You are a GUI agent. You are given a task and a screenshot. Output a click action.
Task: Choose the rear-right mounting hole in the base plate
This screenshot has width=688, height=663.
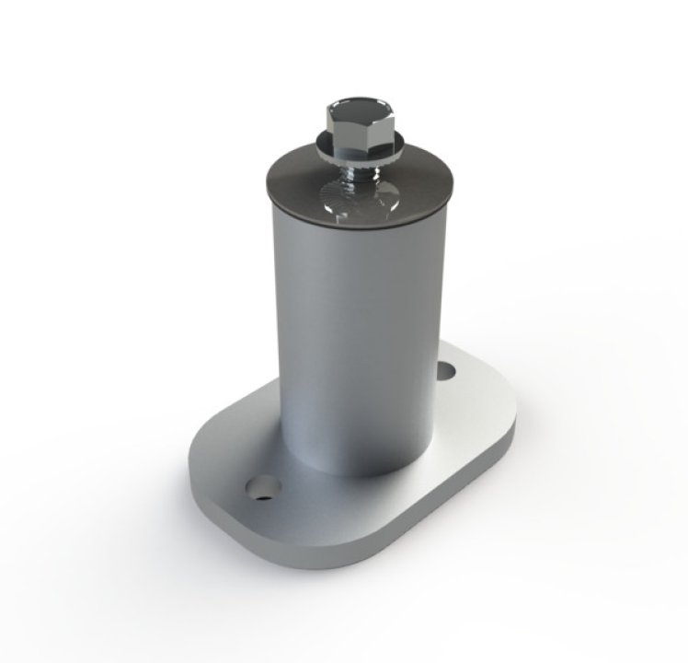[x=446, y=370]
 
